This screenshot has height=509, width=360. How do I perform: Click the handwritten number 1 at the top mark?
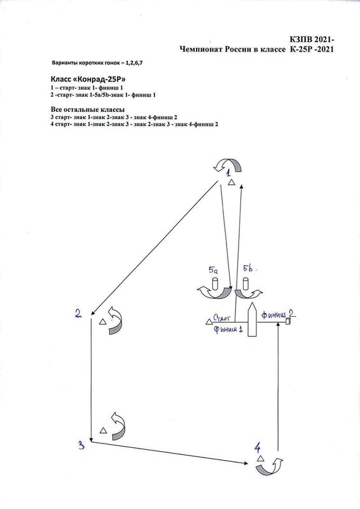coord(228,172)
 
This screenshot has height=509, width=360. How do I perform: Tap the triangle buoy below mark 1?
coord(231,183)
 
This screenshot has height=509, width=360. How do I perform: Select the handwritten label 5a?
coord(213,269)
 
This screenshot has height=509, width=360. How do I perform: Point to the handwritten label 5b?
coord(248,268)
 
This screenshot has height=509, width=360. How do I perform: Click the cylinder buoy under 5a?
coord(214,284)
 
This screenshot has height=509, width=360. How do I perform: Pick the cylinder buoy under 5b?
coord(245,284)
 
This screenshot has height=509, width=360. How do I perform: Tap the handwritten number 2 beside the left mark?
coord(78,313)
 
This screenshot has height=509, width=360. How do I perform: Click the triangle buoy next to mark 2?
coord(102,322)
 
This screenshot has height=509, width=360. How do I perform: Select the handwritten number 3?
coord(81,445)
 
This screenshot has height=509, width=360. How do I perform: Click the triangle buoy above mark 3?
coord(103,431)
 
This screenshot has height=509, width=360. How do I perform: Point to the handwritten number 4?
coord(257,449)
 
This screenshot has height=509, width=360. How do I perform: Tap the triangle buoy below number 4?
coord(260,458)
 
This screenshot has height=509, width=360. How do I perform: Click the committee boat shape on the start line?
coord(253,320)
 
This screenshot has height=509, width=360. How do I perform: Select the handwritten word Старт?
coord(222,317)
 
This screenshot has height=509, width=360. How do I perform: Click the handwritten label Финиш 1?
coord(228,330)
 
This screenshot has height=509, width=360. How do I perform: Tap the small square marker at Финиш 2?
coord(287,321)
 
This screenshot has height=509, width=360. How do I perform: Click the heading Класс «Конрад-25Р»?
coord(88,80)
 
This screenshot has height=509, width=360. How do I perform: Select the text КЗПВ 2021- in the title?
coord(312,39)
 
